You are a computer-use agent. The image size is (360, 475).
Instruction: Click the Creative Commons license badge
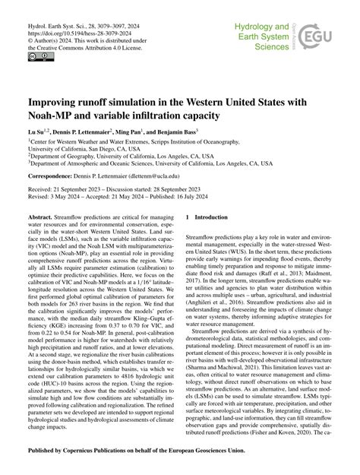coord(35,56)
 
